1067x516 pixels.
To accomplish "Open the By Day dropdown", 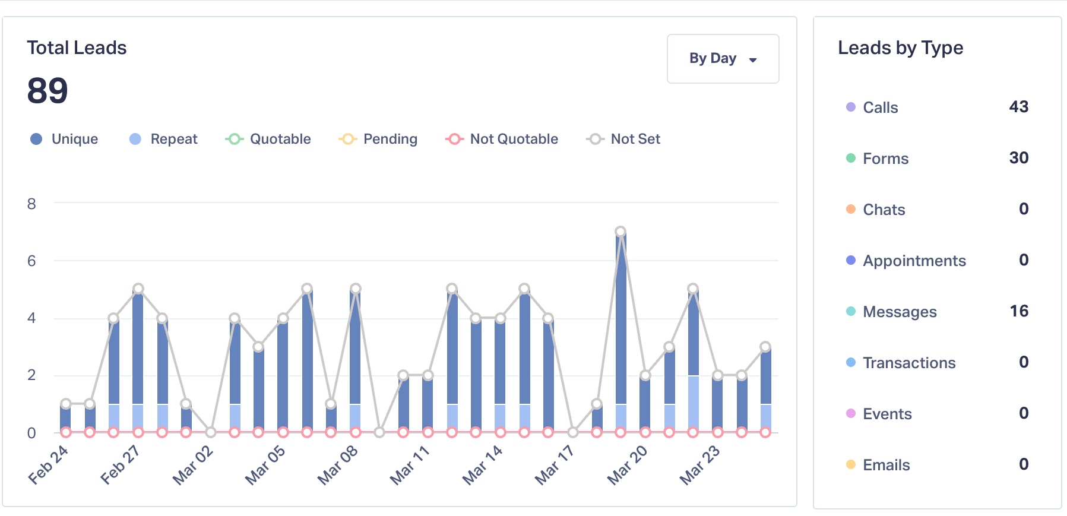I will [x=723, y=59].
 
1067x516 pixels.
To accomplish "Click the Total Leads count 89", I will [x=48, y=91].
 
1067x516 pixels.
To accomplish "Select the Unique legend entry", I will [x=64, y=139].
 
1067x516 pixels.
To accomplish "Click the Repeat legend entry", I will [x=163, y=139].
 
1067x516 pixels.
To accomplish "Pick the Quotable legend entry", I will [x=268, y=139].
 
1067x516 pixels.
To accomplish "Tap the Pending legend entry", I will [x=378, y=139].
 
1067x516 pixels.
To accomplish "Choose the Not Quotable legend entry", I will [x=502, y=139].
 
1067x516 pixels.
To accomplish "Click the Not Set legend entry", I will [x=623, y=139].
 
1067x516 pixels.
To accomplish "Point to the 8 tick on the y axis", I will [x=31, y=204].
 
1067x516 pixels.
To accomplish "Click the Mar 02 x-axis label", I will [x=193, y=465].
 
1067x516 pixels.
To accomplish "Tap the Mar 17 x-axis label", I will [x=555, y=465].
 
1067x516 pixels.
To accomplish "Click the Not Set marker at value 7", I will [x=620, y=232].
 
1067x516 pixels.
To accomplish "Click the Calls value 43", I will [x=1018, y=107].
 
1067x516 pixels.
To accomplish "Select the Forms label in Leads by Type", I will [x=885, y=159].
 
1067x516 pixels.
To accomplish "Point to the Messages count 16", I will [x=1019, y=311].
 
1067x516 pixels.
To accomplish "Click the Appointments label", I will [x=914, y=261].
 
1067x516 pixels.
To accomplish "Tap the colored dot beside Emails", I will [x=851, y=464].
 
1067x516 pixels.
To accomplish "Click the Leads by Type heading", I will [x=900, y=48].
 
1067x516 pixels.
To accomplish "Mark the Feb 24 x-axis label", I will [x=49, y=465].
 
